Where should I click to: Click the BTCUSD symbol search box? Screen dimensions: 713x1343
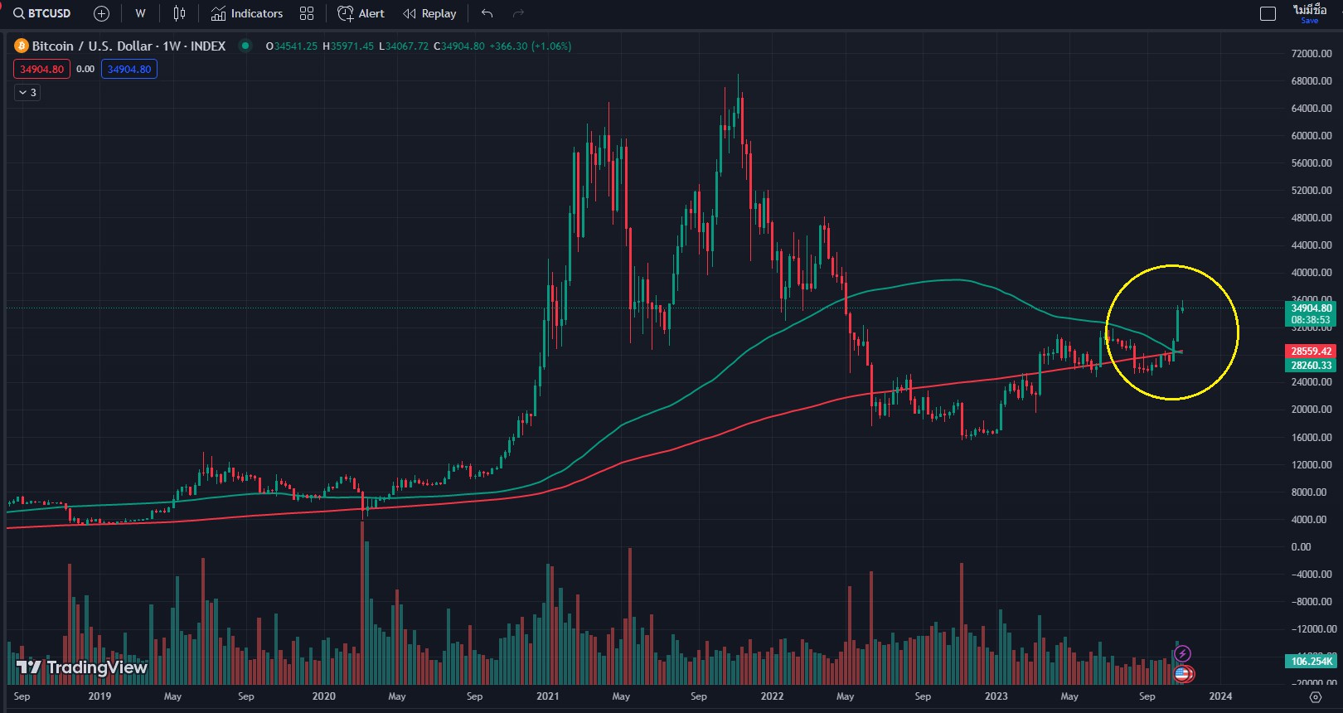pos(43,13)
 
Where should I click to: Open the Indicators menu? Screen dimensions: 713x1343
pos(247,13)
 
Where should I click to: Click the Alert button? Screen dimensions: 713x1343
pos(361,13)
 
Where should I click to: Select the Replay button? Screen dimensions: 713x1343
pos(429,13)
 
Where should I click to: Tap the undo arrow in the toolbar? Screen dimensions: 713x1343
pos(487,13)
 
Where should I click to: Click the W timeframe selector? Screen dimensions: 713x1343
pos(140,13)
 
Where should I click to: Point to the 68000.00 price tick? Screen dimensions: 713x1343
pos(1311,81)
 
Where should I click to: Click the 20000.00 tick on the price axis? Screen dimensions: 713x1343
pos(1311,410)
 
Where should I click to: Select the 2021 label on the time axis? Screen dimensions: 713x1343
pos(547,696)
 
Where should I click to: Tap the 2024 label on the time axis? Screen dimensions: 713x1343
pos(1219,696)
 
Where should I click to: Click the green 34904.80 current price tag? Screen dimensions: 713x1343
pos(1311,308)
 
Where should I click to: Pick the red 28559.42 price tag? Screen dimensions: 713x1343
pos(1311,352)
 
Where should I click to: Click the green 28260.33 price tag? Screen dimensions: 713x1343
pos(1311,366)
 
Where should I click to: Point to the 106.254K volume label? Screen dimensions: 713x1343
pos(1311,662)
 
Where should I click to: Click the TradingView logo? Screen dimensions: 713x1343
pos(81,667)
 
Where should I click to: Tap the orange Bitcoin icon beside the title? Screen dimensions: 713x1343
pos(22,46)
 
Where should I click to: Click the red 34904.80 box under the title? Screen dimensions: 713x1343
pos(41,69)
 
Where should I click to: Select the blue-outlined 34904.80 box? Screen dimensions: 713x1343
pos(129,69)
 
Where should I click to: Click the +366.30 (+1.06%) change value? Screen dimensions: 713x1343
pos(531,46)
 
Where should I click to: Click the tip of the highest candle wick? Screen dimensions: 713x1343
pos(738,75)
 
